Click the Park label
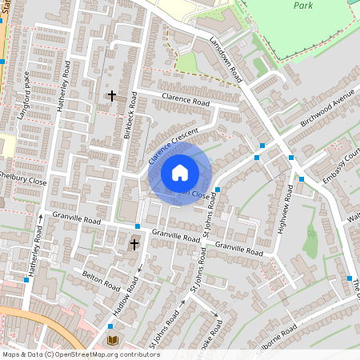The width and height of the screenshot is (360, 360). click(302, 5)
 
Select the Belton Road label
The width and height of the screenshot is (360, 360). click(100, 280)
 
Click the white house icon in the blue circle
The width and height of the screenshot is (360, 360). click(180, 173)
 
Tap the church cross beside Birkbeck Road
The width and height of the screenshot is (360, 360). click(111, 96)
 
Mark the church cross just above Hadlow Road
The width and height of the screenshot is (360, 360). click(134, 243)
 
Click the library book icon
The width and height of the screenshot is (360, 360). click(112, 341)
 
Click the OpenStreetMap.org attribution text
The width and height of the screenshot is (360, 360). click(102, 354)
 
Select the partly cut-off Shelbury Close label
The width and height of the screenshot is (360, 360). click(22, 178)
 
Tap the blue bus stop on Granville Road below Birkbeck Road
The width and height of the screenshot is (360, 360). click(138, 226)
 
